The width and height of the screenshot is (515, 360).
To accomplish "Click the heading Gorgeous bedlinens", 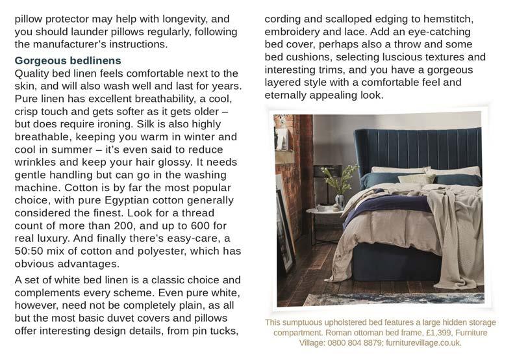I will click(x=68, y=61).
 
